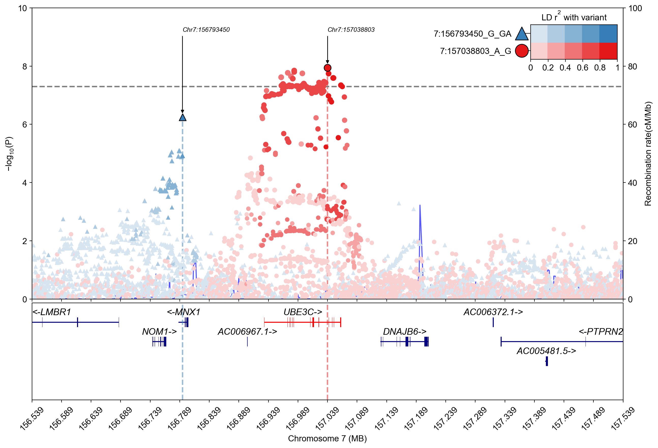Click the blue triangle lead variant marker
coord(183,117)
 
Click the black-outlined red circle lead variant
coord(327,68)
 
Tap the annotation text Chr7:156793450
coord(206,30)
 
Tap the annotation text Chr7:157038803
coord(351,30)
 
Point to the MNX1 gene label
coord(184,312)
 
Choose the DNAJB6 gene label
coord(405,331)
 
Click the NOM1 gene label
coord(159,331)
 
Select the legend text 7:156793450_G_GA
coord(472,34)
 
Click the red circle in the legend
coord(521,51)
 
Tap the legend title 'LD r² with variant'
coord(574,17)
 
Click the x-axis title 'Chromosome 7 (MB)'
coord(327,439)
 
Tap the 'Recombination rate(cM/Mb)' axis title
coord(648,154)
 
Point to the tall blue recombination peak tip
coord(420,205)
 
